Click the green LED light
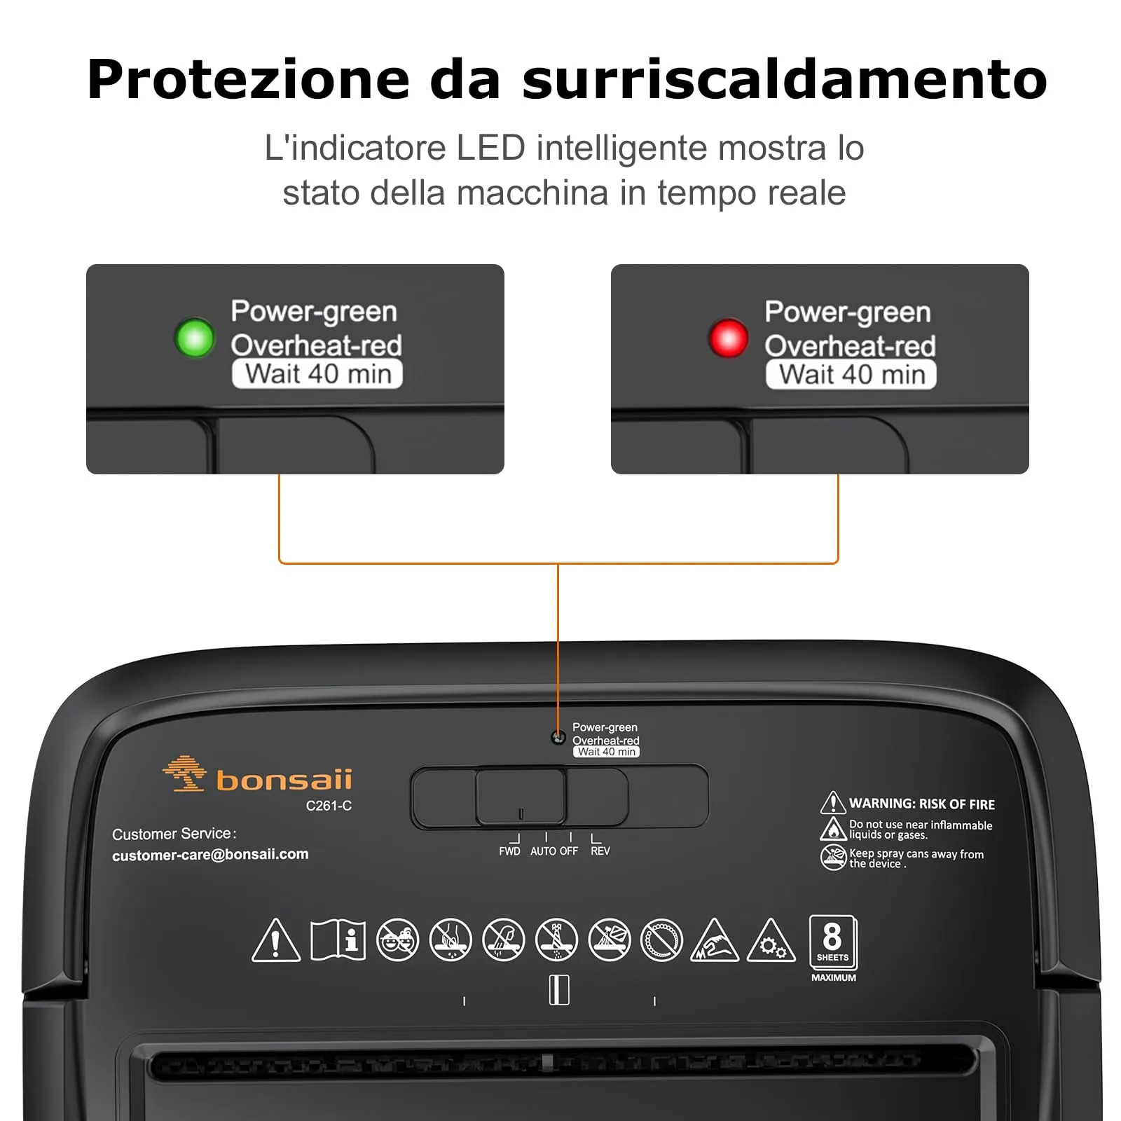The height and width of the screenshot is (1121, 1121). [194, 338]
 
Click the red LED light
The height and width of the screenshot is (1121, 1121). [728, 338]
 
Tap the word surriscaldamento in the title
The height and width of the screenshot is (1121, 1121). [784, 79]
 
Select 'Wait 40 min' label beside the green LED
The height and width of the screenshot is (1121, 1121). [317, 374]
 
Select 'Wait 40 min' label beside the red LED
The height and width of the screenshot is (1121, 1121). [851, 375]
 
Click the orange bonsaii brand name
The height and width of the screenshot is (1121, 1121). [284, 780]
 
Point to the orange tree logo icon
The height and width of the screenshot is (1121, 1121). [184, 773]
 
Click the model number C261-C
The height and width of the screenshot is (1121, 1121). [329, 806]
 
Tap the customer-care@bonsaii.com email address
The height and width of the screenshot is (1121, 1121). [210, 854]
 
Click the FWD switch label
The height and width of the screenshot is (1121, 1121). [509, 851]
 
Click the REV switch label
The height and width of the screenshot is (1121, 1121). [600, 851]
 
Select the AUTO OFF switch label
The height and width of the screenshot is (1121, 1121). [553, 851]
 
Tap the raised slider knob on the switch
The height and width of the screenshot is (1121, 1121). [521, 797]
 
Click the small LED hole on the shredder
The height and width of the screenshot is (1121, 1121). [558, 737]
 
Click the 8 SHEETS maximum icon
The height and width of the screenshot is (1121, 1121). [832, 942]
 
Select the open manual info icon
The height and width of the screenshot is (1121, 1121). [338, 940]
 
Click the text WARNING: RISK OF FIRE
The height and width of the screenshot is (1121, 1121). [921, 804]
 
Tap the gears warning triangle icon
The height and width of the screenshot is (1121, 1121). [771, 942]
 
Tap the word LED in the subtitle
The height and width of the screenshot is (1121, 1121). [490, 148]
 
